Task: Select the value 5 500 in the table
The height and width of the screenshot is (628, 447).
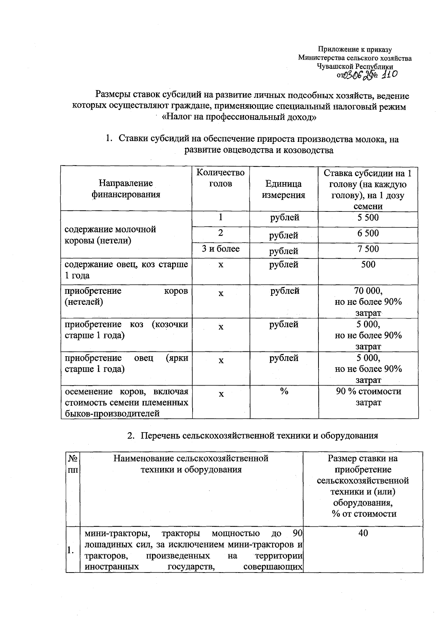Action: (x=368, y=218)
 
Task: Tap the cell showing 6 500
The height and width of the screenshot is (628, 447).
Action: (x=368, y=233)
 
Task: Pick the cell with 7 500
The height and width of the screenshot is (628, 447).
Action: (x=368, y=249)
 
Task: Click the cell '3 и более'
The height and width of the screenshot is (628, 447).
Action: (x=221, y=249)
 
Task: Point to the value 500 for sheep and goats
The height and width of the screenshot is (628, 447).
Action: (x=368, y=265)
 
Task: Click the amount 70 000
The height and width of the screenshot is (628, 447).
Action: (x=368, y=291)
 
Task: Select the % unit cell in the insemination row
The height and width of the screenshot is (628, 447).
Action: (x=284, y=391)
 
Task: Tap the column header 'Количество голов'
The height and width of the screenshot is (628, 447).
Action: (x=221, y=178)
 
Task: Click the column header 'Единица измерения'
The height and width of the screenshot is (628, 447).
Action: (x=283, y=189)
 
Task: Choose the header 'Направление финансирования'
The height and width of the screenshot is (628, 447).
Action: (x=126, y=189)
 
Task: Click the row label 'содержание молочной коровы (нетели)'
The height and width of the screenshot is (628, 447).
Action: (x=110, y=235)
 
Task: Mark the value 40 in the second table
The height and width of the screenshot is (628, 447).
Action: (x=363, y=533)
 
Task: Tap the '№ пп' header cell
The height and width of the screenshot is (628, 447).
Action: (x=73, y=464)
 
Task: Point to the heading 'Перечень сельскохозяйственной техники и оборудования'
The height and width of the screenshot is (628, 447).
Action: (x=259, y=436)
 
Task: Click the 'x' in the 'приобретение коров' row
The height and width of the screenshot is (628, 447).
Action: (x=221, y=294)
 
